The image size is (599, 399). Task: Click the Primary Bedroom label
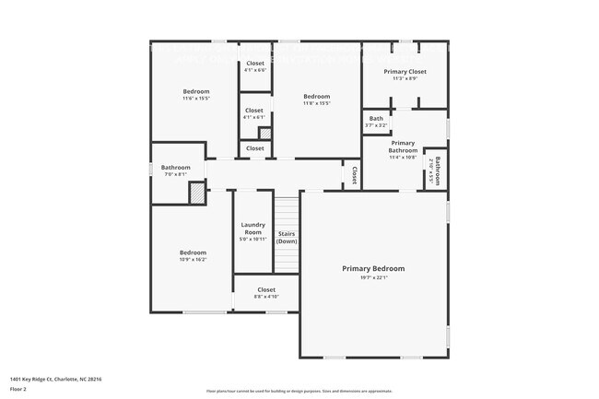coord(373,268)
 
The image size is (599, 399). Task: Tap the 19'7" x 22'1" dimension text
coord(373,277)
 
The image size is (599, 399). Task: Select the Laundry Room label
coord(253,228)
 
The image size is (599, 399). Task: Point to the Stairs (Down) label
coord(287,237)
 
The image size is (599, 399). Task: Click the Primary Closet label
coord(405,71)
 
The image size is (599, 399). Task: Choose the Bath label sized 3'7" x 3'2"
coord(376,118)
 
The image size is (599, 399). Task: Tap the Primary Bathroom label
coord(403,147)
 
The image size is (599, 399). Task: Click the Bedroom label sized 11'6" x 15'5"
coord(195,91)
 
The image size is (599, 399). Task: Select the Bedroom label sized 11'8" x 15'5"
coord(316,97)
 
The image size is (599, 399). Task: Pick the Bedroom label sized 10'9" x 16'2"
coord(193,252)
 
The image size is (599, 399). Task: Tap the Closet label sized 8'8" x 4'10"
coord(266,289)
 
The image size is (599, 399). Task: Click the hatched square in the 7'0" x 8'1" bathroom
coord(196,193)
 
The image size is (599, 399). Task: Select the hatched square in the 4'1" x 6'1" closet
coord(264,134)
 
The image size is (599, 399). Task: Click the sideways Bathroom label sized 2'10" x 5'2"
coord(439,170)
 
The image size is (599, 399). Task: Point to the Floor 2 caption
coord(19,389)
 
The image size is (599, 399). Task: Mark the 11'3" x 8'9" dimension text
coord(405,78)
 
